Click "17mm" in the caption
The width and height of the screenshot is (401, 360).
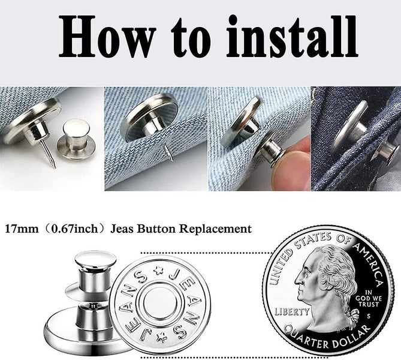click(21, 229)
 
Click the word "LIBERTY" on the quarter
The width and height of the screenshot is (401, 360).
click(293, 311)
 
